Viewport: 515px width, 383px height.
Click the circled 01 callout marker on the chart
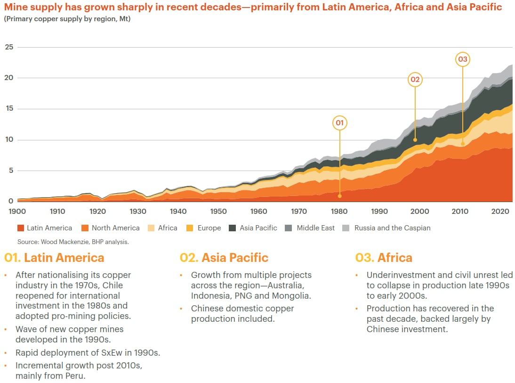(339, 123)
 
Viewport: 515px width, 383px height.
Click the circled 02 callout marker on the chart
(415, 80)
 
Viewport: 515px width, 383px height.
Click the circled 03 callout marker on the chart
(463, 59)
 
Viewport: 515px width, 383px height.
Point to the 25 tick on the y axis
(9, 47)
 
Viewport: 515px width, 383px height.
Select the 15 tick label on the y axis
(9, 109)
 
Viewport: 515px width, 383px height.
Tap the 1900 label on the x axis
(17, 212)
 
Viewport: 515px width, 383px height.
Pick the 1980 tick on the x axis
(339, 212)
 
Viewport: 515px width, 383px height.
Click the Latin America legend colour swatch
(21, 228)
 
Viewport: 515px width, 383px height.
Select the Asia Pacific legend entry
(253, 228)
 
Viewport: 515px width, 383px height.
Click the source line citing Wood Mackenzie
(73, 242)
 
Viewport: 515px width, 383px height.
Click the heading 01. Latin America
(54, 258)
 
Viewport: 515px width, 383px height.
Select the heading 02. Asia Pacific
(224, 258)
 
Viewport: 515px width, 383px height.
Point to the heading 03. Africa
(384, 258)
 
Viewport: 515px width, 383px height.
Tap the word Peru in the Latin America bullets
(78, 376)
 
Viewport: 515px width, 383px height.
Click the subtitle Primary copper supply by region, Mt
(67, 19)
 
